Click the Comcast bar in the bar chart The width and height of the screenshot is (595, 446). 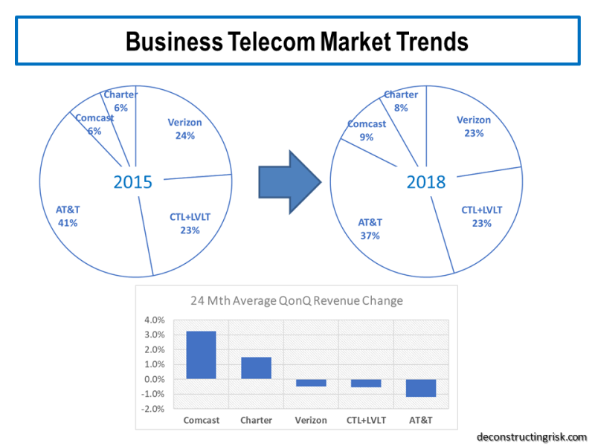[201, 355]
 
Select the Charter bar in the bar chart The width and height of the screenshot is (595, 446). [256, 368]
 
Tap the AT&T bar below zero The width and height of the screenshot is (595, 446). [421, 387]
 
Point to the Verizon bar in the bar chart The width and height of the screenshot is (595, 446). [311, 383]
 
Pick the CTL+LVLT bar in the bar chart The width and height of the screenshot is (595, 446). [366, 383]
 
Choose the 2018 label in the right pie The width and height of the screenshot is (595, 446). [425, 182]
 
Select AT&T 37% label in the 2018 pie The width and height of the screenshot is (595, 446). [370, 229]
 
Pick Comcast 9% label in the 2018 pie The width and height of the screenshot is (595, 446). [367, 130]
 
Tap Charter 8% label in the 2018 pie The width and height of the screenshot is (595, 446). [401, 100]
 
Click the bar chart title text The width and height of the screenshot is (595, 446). [297, 301]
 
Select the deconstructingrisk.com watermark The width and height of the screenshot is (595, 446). [532, 436]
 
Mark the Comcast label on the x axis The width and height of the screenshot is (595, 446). [201, 420]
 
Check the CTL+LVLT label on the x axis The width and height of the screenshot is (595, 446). [366, 420]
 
